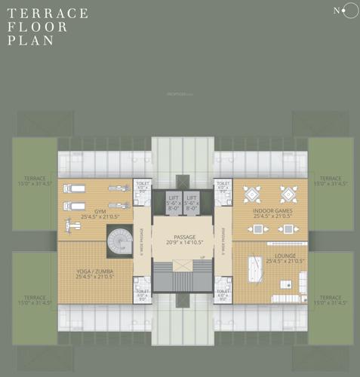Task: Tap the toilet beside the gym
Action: (142, 187)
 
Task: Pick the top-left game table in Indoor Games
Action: (251, 193)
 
